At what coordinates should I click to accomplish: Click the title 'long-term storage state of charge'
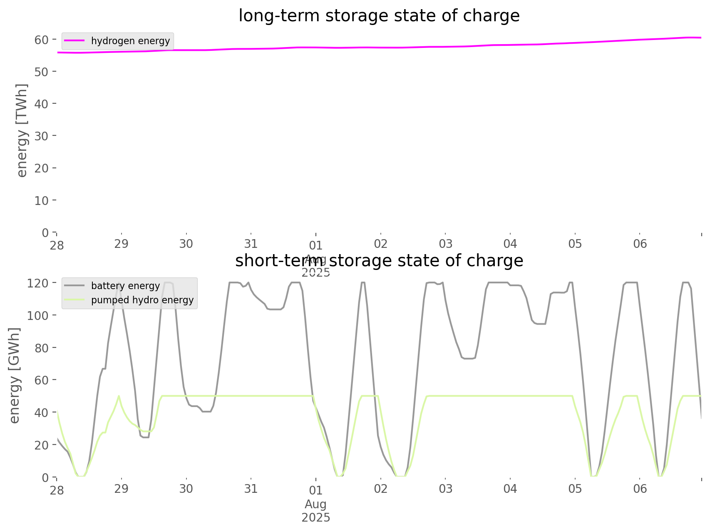click(x=379, y=16)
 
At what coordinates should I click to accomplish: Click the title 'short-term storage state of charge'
click(x=379, y=261)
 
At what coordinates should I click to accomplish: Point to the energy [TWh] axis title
click(x=22, y=130)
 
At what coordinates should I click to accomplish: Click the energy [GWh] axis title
click(x=15, y=376)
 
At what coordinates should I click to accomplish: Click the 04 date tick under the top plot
click(x=510, y=244)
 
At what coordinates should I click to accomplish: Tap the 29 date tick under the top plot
click(x=122, y=244)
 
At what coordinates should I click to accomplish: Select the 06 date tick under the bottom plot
click(x=640, y=489)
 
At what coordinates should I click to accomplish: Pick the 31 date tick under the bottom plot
click(x=251, y=489)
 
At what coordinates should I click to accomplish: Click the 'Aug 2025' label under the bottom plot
click(x=316, y=511)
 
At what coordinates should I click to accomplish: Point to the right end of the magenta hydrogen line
click(x=701, y=37)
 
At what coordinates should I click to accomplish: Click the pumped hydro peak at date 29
click(x=119, y=396)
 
